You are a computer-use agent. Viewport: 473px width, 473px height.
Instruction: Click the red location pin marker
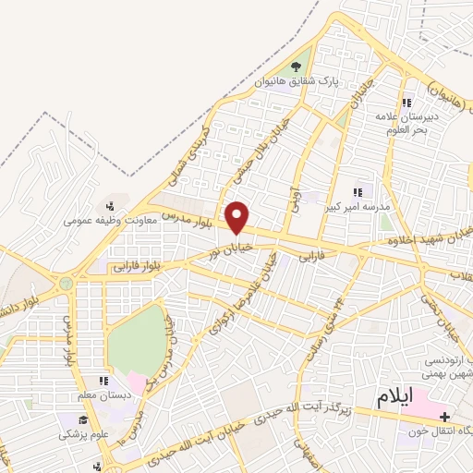pyautogui.click(x=238, y=218)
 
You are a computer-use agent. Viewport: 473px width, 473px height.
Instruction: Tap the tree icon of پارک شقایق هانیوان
pyautogui.click(x=296, y=67)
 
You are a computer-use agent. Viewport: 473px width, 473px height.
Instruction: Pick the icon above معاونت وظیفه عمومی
pyautogui.click(x=110, y=205)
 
